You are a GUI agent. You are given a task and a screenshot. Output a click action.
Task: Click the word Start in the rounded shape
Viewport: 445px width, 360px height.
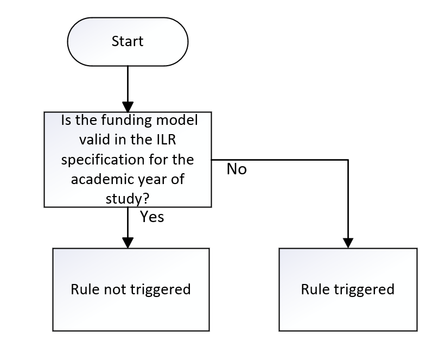tap(128, 41)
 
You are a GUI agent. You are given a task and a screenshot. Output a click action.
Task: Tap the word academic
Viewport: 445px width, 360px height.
tap(97, 181)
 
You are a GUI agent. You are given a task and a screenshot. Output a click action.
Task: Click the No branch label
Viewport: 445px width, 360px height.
tap(237, 169)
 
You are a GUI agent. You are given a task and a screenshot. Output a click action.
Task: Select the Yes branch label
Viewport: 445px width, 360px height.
tap(152, 217)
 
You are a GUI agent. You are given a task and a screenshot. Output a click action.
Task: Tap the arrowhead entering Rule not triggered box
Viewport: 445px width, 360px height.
tap(128, 242)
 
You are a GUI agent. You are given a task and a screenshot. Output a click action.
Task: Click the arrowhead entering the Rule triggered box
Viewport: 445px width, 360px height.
tap(348, 242)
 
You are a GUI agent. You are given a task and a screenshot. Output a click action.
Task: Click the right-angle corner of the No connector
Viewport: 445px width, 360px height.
tap(348, 160)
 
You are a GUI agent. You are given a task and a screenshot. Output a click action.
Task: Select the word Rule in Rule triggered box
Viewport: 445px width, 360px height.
tap(315, 289)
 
